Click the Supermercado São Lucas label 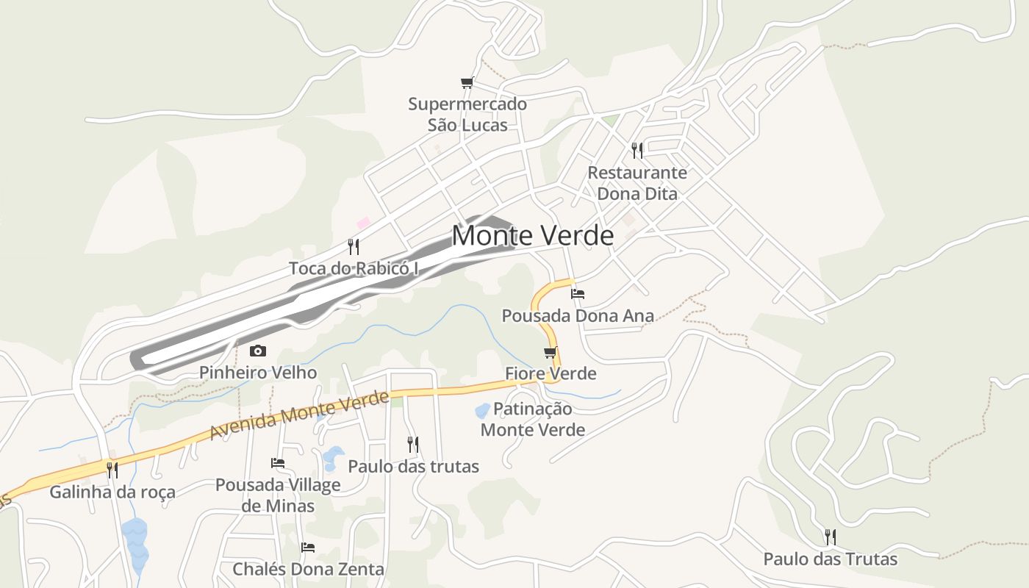467,115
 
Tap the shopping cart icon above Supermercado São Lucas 467,82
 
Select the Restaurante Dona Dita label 637,183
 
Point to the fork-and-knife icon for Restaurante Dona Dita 637,151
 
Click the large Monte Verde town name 532,235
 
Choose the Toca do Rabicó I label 354,268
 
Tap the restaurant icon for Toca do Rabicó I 354,246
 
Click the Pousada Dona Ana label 578,316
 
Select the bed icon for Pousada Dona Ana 578,294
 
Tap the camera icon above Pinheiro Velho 258,351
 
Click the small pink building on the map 363,222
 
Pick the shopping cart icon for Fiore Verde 550,353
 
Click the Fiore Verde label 551,373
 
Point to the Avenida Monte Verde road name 299,415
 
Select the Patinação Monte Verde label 533,419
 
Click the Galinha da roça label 112,492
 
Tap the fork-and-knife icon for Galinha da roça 112,470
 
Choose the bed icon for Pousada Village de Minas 278,463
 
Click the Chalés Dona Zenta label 308,569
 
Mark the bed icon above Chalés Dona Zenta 308,548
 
